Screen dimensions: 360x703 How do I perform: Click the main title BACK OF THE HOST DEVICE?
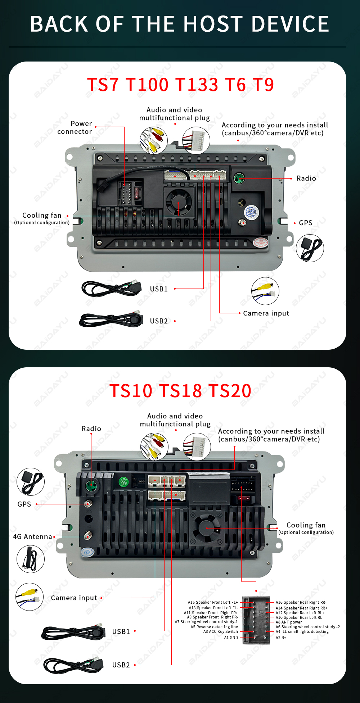pos(180,24)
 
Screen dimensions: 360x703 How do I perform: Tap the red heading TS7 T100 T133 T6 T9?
pos(180,85)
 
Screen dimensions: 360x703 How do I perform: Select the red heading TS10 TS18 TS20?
pos(180,391)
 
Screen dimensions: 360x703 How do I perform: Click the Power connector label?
pos(75,127)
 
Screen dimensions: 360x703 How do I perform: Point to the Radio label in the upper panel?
pos(306,178)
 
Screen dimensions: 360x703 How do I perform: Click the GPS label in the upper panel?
pos(306,223)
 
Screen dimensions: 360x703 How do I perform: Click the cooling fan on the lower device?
pos(206,529)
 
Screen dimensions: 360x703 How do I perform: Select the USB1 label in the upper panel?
pos(159,289)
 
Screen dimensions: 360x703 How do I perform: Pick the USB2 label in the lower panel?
pos(121,665)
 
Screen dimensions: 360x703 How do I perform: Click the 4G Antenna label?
pos(32,536)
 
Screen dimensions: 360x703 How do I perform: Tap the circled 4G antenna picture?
pos(31,559)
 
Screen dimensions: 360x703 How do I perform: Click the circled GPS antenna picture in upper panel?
pos(310,248)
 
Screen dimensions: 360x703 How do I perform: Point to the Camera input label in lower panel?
pos(74,598)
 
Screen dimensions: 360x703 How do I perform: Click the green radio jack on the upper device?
pos(239,178)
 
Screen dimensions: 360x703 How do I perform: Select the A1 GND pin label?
pos(231,638)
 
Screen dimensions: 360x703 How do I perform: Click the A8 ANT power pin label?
pos(289,622)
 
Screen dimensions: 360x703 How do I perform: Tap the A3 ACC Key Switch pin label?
pos(221,631)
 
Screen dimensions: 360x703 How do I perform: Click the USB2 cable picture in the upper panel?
pos(111,319)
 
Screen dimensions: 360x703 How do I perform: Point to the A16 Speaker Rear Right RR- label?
pos(301,602)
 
